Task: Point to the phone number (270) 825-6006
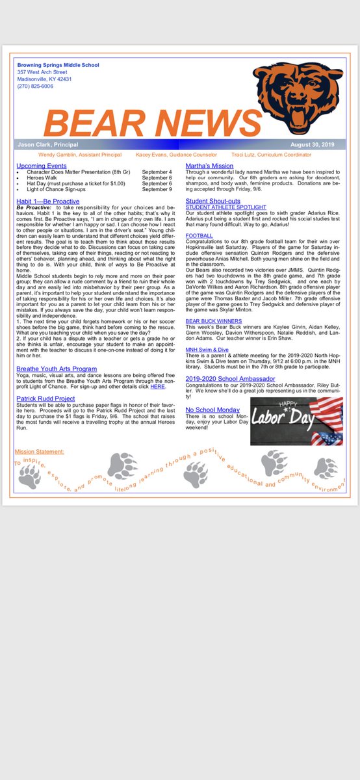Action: pos(36,86)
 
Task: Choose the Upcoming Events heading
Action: pos(44,166)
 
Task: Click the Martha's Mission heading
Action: pos(210,166)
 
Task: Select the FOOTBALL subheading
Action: pos(199,235)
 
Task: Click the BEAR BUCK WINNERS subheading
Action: pos(214,321)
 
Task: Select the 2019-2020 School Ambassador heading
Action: pos(230,378)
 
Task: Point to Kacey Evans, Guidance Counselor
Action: pos(172,155)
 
